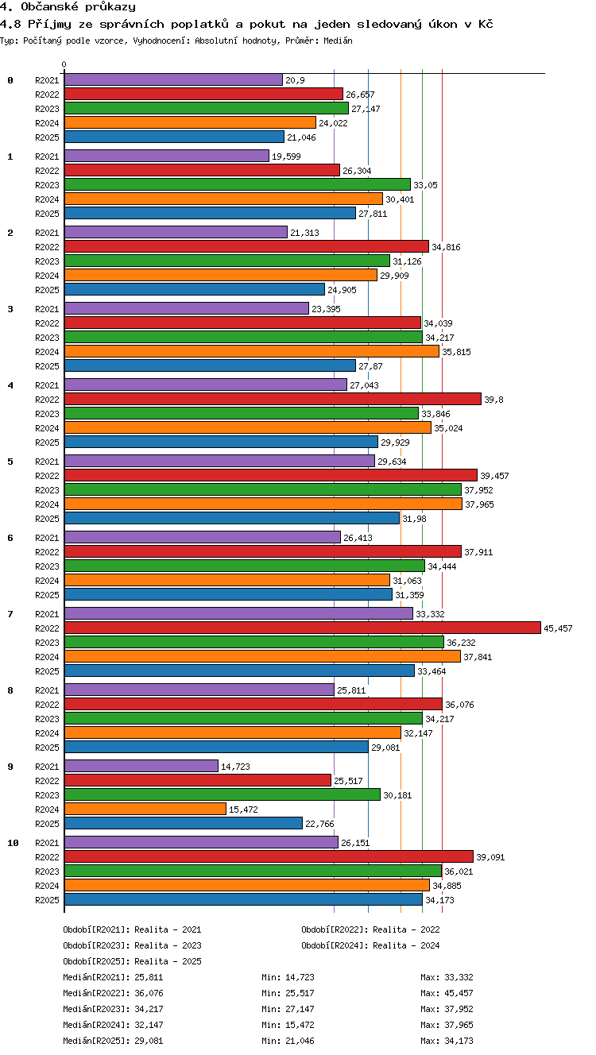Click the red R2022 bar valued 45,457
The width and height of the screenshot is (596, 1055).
(303, 628)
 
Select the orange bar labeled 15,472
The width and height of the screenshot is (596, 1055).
(145, 809)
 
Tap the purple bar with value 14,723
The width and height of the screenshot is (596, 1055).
(141, 766)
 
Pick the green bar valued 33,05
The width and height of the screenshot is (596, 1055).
(238, 184)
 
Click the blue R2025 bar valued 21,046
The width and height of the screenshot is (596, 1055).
(174, 137)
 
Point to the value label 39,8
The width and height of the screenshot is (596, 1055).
(493, 400)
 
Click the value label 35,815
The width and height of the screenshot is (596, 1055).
(456, 352)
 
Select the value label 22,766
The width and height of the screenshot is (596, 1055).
(319, 824)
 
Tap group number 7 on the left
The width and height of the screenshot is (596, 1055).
(10, 613)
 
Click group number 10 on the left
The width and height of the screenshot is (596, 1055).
(13, 843)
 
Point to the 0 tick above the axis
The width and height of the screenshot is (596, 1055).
(64, 64)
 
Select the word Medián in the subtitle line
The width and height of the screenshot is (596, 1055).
(338, 41)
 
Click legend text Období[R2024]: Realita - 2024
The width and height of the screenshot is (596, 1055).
(370, 945)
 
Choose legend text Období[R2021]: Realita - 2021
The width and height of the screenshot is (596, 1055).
(132, 929)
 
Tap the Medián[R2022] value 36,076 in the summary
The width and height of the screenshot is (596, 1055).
(149, 993)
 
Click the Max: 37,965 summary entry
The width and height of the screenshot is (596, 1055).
(447, 1024)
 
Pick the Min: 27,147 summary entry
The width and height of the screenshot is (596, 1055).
(288, 1009)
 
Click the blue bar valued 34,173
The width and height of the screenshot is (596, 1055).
(244, 899)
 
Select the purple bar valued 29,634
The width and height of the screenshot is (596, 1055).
(219, 461)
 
